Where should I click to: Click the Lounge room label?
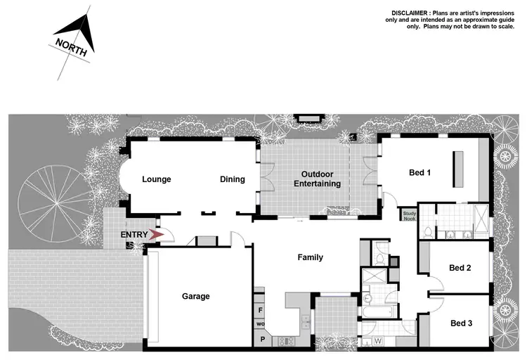[156, 179]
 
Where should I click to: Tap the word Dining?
[233, 179]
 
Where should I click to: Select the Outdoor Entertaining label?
[321, 179]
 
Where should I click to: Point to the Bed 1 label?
[419, 172]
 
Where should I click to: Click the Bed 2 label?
[460, 268]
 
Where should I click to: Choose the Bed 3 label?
[461, 323]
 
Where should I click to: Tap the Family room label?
[310, 257]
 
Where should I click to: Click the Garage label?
[196, 296]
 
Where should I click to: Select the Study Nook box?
[410, 216]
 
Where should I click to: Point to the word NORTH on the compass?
[72, 48]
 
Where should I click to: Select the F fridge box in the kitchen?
[261, 309]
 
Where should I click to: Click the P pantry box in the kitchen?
[261, 338]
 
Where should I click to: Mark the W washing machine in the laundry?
[377, 342]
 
